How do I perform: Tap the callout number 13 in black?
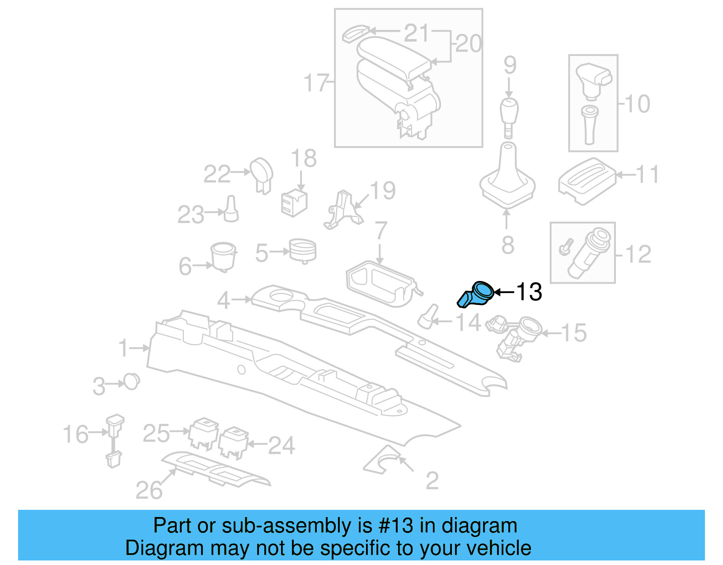coord(529,292)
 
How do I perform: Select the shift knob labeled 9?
coord(509,113)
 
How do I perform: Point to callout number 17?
coord(315,83)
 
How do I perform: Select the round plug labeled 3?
coord(131,382)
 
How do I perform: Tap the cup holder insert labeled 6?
coord(223,256)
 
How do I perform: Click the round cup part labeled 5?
coord(303,250)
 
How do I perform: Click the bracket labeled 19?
coord(343,210)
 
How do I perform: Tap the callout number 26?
coord(149,490)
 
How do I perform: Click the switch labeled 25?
coord(203,433)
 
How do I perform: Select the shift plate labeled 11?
coord(587,181)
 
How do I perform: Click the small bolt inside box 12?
coord(565,247)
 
